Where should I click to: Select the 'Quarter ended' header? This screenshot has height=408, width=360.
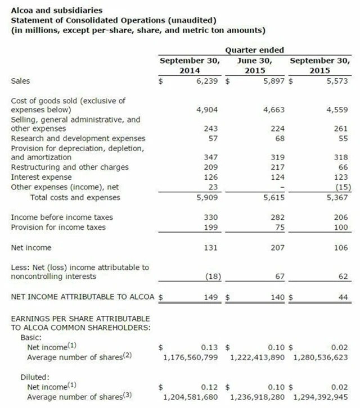click(254, 50)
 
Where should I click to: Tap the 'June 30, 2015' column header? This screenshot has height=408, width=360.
click(254, 66)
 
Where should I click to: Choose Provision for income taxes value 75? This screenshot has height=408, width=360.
click(280, 228)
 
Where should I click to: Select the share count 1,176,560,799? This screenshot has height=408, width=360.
click(190, 357)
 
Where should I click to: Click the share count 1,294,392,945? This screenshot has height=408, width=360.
click(321, 397)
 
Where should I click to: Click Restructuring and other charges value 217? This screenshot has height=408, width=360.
click(277, 167)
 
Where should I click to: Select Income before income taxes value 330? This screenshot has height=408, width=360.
click(209, 217)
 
